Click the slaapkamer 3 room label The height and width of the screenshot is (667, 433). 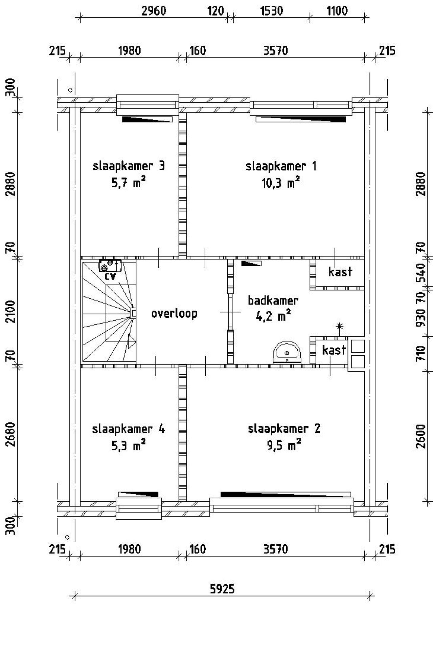tap(129, 166)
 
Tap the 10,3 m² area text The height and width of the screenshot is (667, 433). tap(280, 183)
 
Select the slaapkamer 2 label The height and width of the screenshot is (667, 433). tap(284, 429)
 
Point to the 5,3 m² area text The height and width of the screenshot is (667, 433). tap(129, 446)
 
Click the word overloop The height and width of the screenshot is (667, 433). tap(174, 313)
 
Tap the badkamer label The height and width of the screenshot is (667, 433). tap(273, 300)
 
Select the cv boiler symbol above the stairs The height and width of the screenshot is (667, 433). tap(110, 266)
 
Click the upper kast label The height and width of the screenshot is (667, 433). tap(340, 272)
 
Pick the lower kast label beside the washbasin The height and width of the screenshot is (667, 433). tap(334, 350)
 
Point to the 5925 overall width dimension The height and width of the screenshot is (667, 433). tap(222, 589)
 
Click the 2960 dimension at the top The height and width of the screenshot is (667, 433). tap(154, 11)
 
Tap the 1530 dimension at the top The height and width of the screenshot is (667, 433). tap(271, 11)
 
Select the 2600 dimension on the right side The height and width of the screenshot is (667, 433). tap(420, 436)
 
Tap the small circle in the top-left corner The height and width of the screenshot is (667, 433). tap(70, 90)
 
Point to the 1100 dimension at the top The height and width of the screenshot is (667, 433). tap(337, 11)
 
